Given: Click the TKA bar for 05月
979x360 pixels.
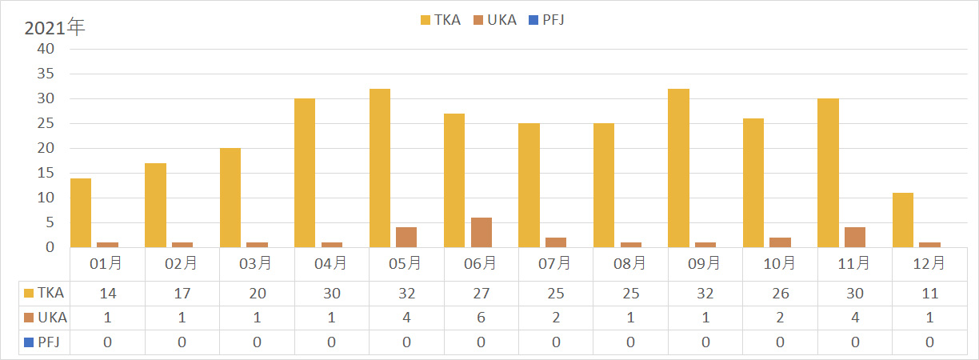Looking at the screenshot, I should pyautogui.click(x=380, y=168).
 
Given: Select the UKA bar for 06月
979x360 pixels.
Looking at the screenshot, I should pyautogui.click(x=481, y=233).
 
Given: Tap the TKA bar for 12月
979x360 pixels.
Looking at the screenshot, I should pyautogui.click(x=903, y=220).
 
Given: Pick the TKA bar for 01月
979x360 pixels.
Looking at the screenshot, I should pyautogui.click(x=81, y=213).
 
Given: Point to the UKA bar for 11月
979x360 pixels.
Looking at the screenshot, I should pyautogui.click(x=854, y=238).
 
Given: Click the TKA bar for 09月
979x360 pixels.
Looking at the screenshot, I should pyautogui.click(x=679, y=168).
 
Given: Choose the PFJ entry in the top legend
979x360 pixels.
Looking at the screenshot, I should pyautogui.click(x=547, y=20).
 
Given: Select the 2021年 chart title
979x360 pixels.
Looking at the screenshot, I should pyautogui.click(x=54, y=28).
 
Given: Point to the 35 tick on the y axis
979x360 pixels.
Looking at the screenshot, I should pyautogui.click(x=46, y=74).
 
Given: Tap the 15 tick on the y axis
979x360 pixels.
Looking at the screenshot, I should pyautogui.click(x=46, y=173).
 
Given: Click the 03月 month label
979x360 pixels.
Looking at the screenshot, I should pyautogui.click(x=257, y=262).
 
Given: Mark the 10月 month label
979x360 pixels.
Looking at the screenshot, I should pyautogui.click(x=780, y=262).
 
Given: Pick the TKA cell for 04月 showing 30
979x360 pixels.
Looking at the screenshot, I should pyautogui.click(x=331, y=294).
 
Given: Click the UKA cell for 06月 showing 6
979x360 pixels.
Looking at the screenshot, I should pyautogui.click(x=481, y=318).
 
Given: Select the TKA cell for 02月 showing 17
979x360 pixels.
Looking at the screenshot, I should pyautogui.click(x=182, y=294).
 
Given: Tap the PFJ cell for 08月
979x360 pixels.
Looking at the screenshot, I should pyautogui.click(x=630, y=342).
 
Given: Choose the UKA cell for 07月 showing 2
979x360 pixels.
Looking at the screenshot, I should pyautogui.click(x=555, y=318).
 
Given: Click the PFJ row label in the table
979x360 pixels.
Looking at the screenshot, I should pyautogui.click(x=47, y=342).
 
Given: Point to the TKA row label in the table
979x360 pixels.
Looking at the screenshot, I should pyautogui.click(x=47, y=294).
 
